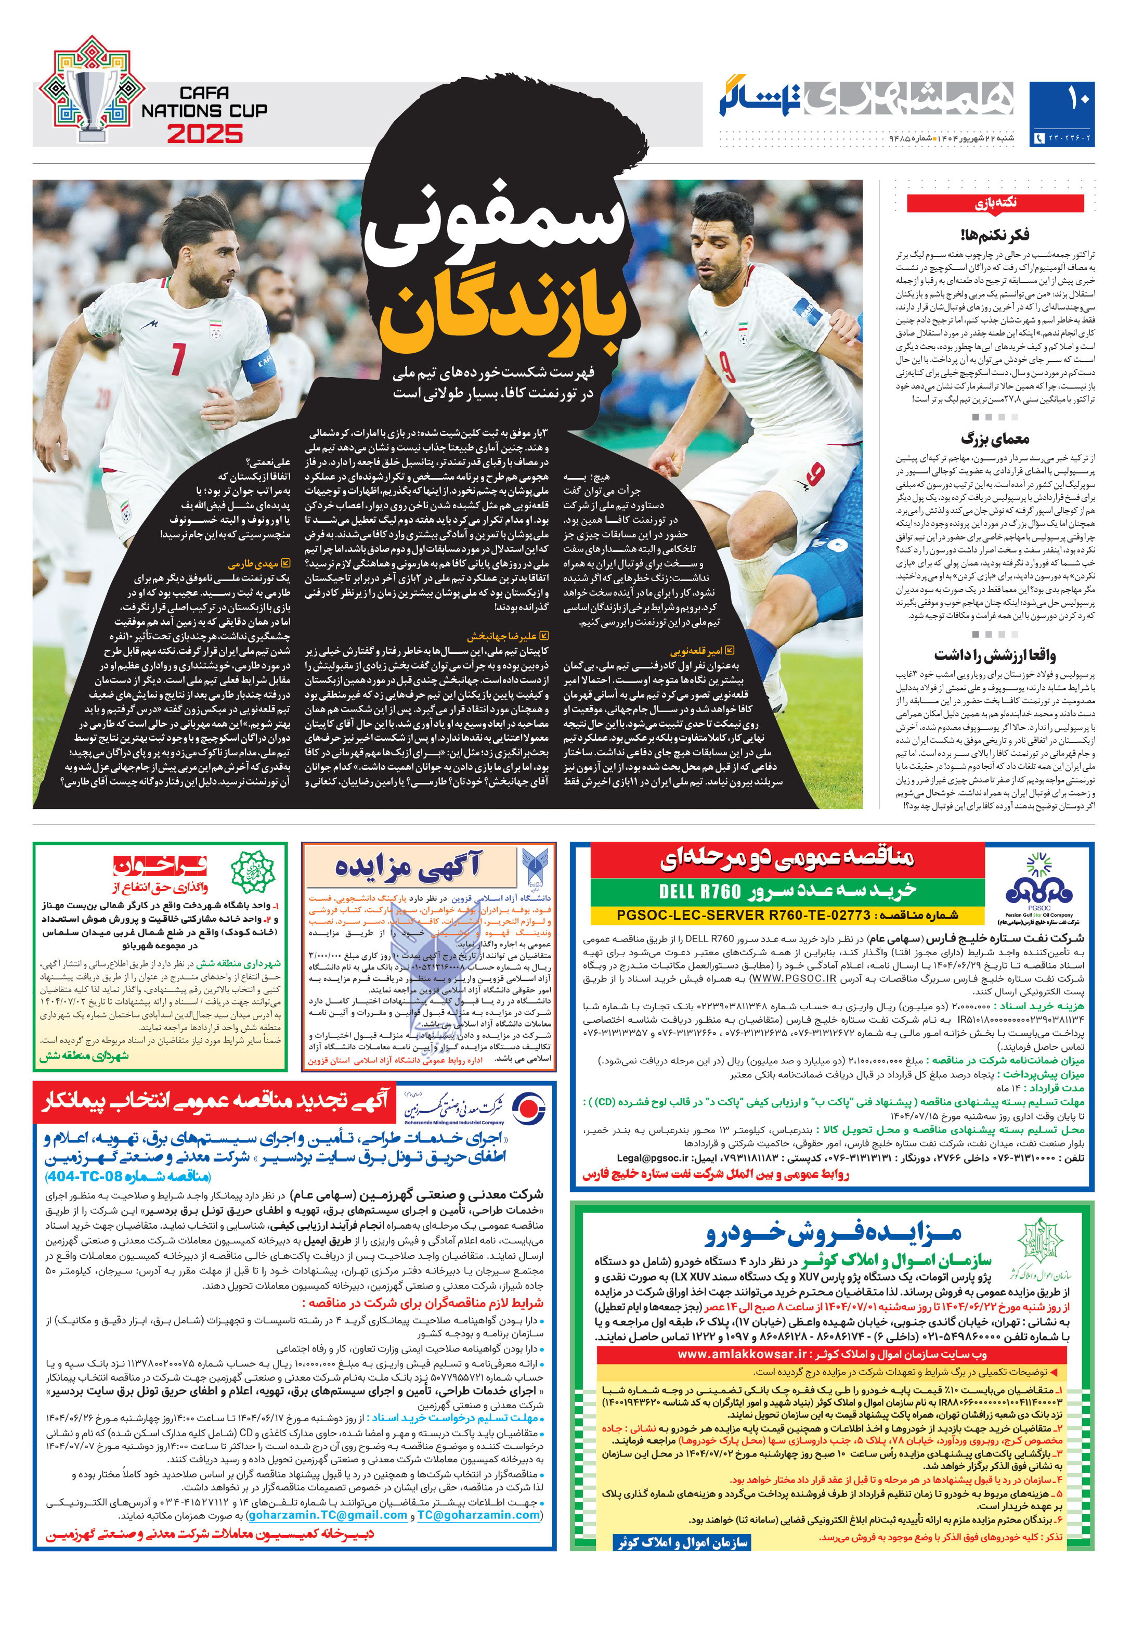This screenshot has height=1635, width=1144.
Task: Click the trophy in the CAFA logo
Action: [93, 100]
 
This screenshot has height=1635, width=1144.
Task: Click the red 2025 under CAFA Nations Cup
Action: [205, 134]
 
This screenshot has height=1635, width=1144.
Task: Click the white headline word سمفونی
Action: [498, 228]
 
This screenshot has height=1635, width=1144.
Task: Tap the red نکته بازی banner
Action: [995, 204]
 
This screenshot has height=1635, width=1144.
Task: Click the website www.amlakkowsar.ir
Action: [742, 1354]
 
